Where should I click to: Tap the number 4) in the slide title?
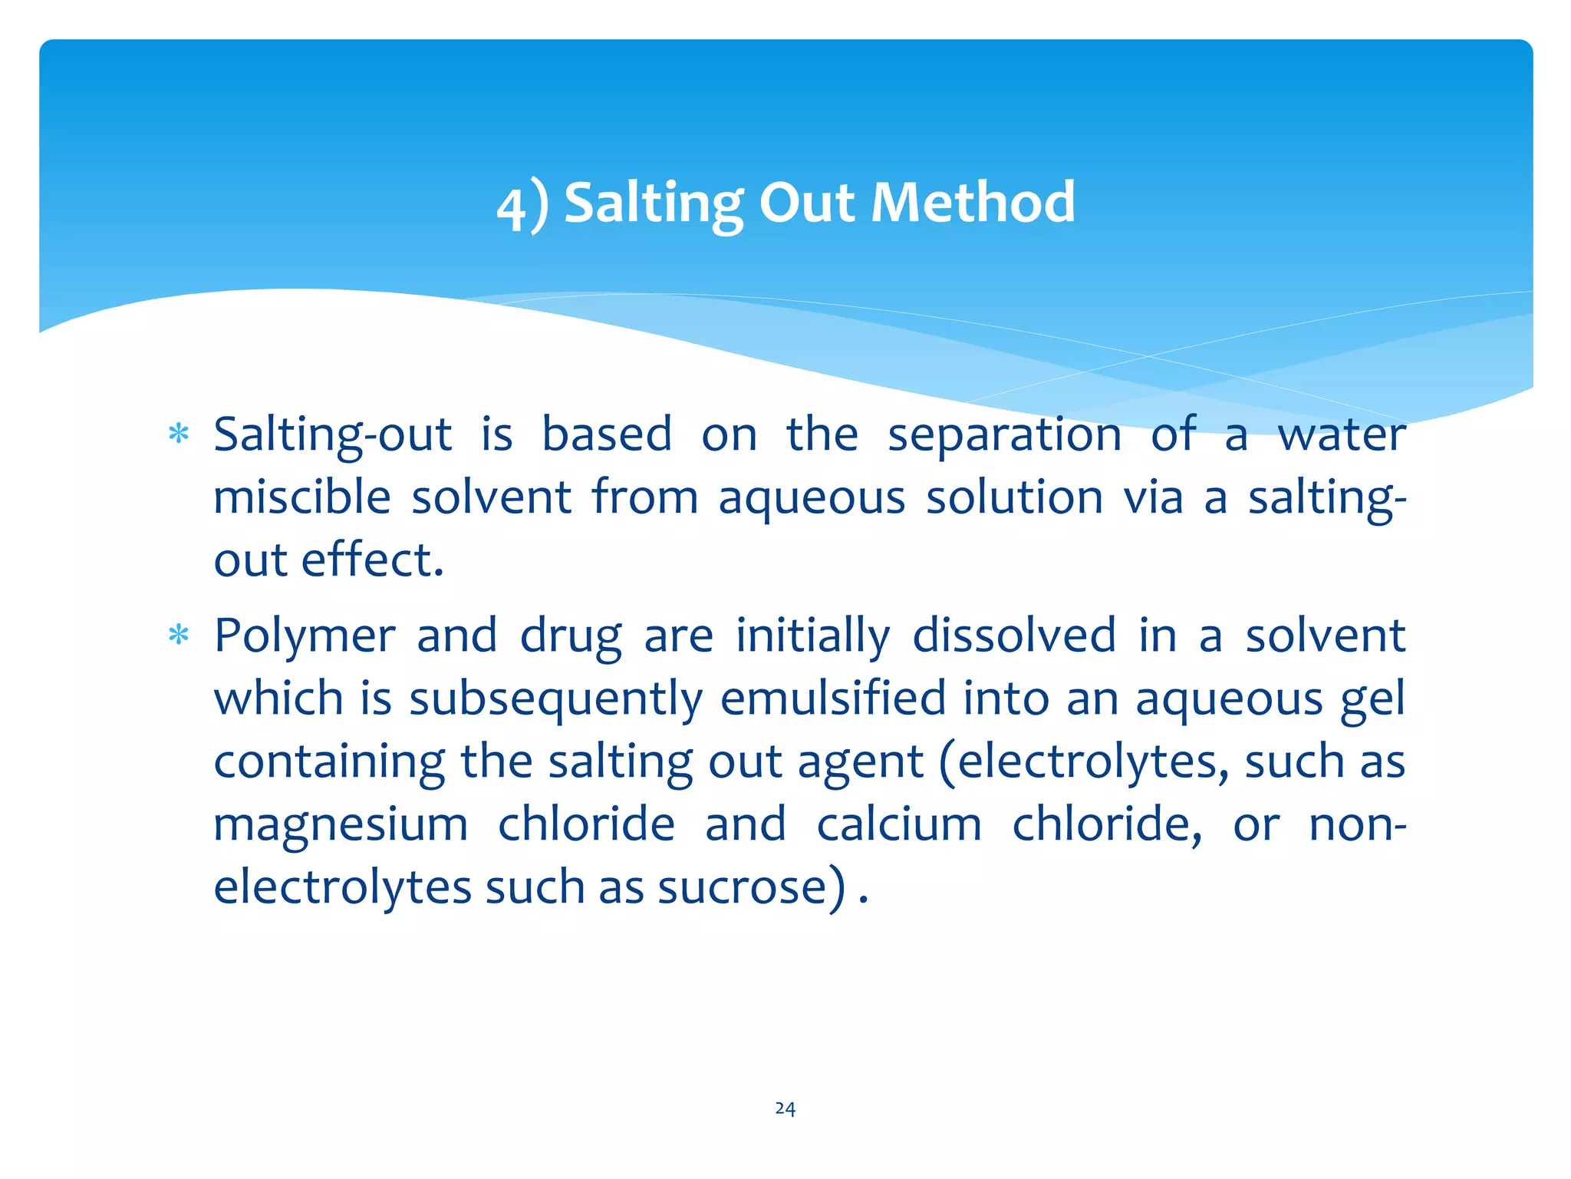click(522, 206)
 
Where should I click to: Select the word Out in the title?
click(806, 203)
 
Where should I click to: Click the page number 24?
click(785, 1108)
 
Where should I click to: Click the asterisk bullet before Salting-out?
click(179, 434)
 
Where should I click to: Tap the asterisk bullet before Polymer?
click(179, 636)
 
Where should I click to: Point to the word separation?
click(1004, 434)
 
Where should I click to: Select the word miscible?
click(302, 497)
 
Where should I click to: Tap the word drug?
click(571, 637)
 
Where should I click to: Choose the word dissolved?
click(1013, 636)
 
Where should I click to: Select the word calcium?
click(898, 824)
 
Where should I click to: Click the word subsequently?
click(555, 700)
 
